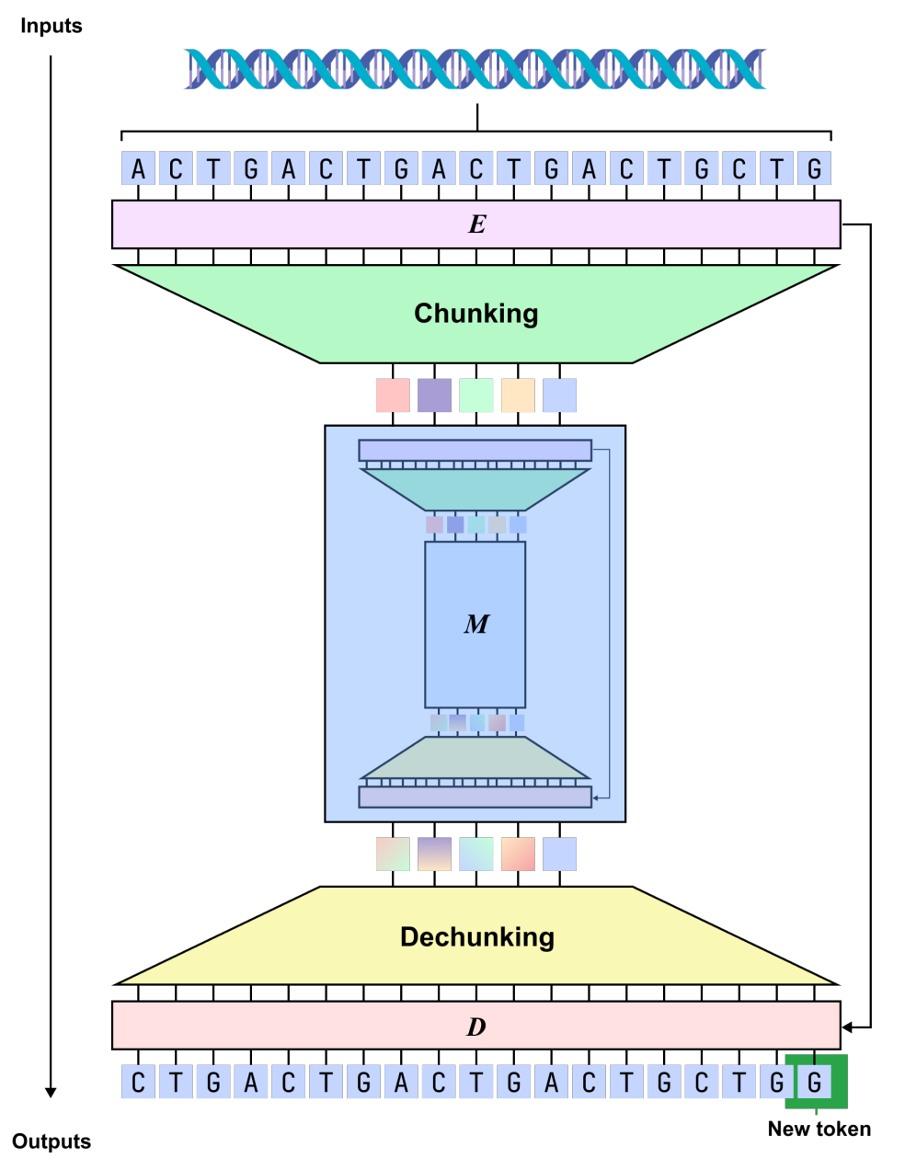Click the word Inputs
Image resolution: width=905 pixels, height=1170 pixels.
coord(52,26)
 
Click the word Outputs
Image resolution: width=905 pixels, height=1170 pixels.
coord(52,1141)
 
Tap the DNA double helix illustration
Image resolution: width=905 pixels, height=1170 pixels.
coord(475,69)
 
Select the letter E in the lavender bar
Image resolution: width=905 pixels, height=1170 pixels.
coord(476,224)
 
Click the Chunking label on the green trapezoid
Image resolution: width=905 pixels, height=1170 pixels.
coord(476,314)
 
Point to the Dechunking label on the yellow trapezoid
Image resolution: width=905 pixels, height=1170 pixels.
coord(477,937)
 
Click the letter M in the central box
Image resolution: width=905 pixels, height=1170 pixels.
coord(476,625)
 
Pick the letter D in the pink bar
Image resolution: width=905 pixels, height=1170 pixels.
coord(476,1027)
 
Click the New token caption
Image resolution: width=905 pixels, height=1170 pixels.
coord(819,1129)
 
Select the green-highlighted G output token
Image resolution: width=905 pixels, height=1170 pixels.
coord(815,1083)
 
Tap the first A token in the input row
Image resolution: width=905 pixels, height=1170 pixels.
coord(138,169)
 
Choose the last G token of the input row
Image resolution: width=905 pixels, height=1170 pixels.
coord(815,169)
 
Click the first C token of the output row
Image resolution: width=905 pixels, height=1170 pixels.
coord(138,1083)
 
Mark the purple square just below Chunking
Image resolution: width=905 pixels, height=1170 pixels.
coord(435,396)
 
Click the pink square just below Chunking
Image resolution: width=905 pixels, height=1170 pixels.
coord(393,396)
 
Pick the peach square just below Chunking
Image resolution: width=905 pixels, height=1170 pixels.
coord(518,396)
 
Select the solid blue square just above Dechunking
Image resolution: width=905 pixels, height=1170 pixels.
coord(559,854)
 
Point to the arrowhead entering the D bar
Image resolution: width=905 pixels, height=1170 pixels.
coord(849,1027)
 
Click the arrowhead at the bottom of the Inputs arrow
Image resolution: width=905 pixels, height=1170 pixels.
coord(51,1092)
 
